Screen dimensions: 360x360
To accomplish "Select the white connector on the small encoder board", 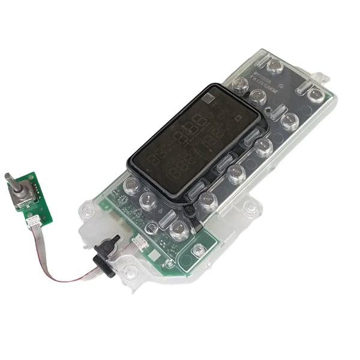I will pos(33,220).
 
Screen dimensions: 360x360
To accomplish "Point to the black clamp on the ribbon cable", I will pos(106,255).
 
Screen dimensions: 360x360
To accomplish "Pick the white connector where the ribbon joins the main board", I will pos(139,242).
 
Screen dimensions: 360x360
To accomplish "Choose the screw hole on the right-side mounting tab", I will pos(251,208).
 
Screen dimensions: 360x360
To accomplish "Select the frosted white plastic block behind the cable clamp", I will pos(91,232).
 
